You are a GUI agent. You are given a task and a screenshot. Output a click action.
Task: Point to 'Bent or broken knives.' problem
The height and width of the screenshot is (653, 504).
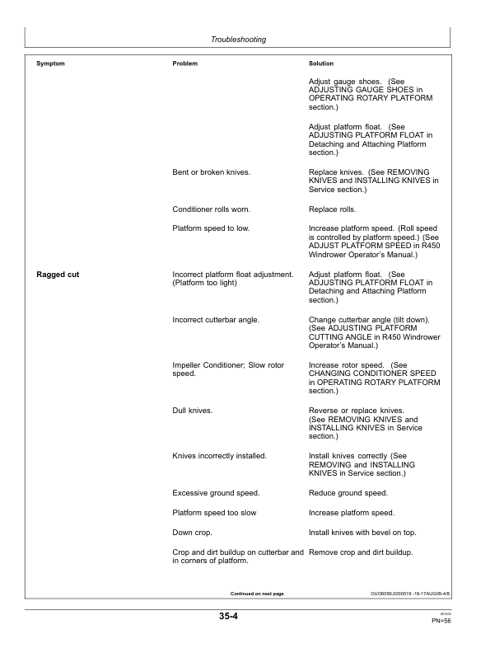pyautogui.click(x=212, y=171)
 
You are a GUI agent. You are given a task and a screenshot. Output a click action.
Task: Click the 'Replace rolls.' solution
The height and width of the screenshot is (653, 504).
pyautogui.click(x=333, y=209)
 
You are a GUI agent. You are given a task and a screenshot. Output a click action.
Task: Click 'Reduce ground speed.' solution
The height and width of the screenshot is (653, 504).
pyautogui.click(x=349, y=493)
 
